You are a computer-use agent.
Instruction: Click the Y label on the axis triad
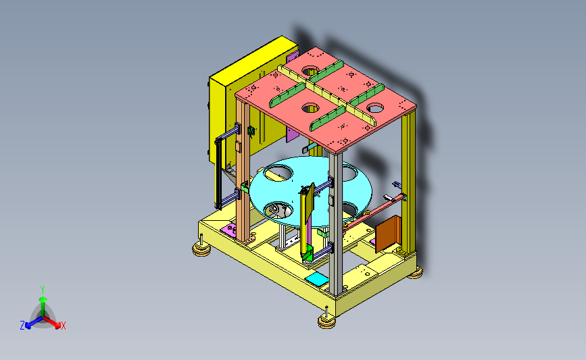coord(43,290)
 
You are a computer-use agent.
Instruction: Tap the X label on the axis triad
coord(64,326)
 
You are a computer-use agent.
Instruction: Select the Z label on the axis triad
coord(22,326)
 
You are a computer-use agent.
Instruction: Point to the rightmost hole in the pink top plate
coord(375,108)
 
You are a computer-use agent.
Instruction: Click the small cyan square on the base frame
coord(317,279)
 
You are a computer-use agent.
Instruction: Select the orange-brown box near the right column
coord(388,234)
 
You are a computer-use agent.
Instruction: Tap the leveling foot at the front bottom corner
coord(326,320)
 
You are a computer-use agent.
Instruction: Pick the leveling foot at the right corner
coord(415,273)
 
